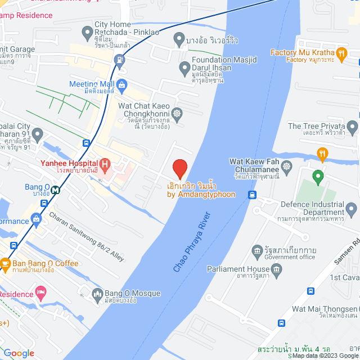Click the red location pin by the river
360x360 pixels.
tap(179, 168)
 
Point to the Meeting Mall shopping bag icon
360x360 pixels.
tap(122, 84)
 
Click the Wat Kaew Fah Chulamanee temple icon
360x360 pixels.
tap(287, 166)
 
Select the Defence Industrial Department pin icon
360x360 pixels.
tap(352, 211)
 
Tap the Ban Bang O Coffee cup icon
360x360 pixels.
tap(5, 263)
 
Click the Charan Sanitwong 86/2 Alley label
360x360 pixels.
tap(85, 236)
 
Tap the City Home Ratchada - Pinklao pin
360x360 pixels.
tap(87, 34)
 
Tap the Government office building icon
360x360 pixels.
tap(257, 250)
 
